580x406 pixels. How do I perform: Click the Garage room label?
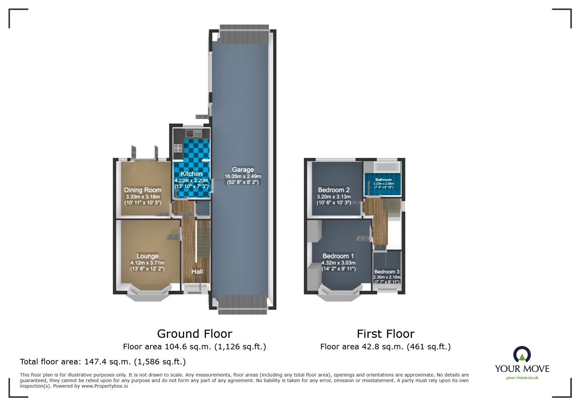coord(243,169)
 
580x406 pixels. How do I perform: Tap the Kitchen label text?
coord(192,174)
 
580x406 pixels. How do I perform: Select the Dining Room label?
coord(142,190)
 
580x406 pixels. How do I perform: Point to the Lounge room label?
coord(147,256)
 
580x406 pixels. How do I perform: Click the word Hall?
coord(197,271)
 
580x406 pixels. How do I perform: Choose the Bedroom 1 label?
coord(338,256)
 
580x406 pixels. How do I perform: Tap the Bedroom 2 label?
coord(334,190)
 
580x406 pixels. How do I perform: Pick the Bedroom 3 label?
coord(387,272)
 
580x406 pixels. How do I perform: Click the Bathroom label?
coord(384,180)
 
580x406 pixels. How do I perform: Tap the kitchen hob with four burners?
coord(178,148)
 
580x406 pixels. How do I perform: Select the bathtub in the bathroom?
coord(387,168)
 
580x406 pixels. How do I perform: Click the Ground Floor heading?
coord(195,334)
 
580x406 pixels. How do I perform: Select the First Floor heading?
coord(385,334)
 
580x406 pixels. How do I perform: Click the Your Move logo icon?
coord(522,355)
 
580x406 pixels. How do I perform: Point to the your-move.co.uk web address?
coord(522,378)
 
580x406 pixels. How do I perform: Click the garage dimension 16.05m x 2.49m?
coord(243,176)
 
